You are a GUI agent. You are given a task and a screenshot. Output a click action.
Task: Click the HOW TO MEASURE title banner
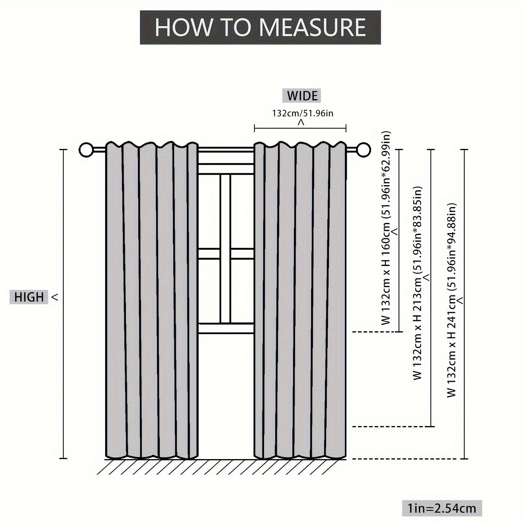click(x=260, y=27)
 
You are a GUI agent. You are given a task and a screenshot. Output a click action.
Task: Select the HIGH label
click(x=29, y=297)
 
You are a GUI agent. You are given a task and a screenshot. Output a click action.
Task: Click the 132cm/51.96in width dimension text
click(x=303, y=113)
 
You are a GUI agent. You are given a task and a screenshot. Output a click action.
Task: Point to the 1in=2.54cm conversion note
click(x=441, y=508)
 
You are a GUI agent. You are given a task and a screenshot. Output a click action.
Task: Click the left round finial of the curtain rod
click(x=86, y=150)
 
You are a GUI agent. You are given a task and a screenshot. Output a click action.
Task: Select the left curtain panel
click(x=151, y=303)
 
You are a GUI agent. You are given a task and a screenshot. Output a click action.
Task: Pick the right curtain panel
click(x=300, y=303)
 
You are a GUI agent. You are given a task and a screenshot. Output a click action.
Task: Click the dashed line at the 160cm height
click(x=374, y=331)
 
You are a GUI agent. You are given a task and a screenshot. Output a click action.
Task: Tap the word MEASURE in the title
click(x=313, y=27)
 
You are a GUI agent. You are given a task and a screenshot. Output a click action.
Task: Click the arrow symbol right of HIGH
click(x=55, y=297)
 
